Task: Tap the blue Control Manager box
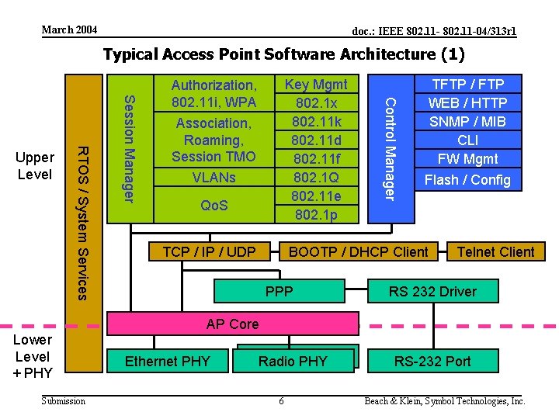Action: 392,147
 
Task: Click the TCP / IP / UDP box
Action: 209,252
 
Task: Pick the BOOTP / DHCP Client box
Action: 358,252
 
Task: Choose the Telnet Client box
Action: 495,252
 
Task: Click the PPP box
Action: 279,292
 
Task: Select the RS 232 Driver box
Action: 432,292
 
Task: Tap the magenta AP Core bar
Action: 232,324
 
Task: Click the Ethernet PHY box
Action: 167,361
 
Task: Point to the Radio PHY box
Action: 293,361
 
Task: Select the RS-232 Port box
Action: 432,361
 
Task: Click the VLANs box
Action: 214,178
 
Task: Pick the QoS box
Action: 214,206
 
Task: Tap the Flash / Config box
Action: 467,180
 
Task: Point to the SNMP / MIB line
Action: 467,122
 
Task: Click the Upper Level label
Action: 35,165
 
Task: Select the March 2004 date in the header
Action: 69,29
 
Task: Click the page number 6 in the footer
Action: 281,401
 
